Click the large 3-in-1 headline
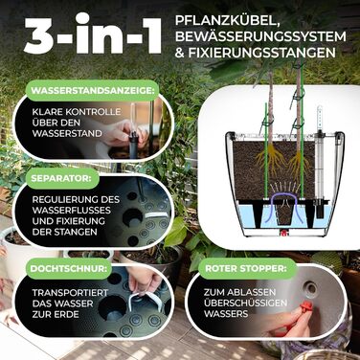(93, 34)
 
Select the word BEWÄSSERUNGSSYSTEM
(260, 36)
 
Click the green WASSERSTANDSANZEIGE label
(95, 90)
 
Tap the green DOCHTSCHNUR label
(68, 268)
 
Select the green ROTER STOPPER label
(246, 268)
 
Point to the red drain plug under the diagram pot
(281, 233)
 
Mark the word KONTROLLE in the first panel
(93, 112)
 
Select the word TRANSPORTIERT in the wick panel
(70, 293)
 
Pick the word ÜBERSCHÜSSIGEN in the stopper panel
(246, 303)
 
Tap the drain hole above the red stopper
(309, 289)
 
